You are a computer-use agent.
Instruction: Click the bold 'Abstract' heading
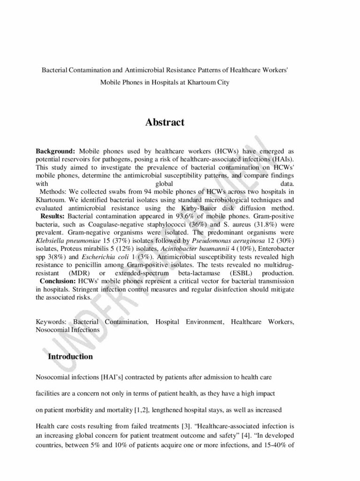pos(165,123)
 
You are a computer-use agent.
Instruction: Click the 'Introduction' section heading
pos(70,357)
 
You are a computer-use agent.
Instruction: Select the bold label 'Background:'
pos(55,152)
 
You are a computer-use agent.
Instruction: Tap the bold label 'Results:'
pos(53,216)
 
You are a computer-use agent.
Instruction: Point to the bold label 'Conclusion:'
pos(58,281)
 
